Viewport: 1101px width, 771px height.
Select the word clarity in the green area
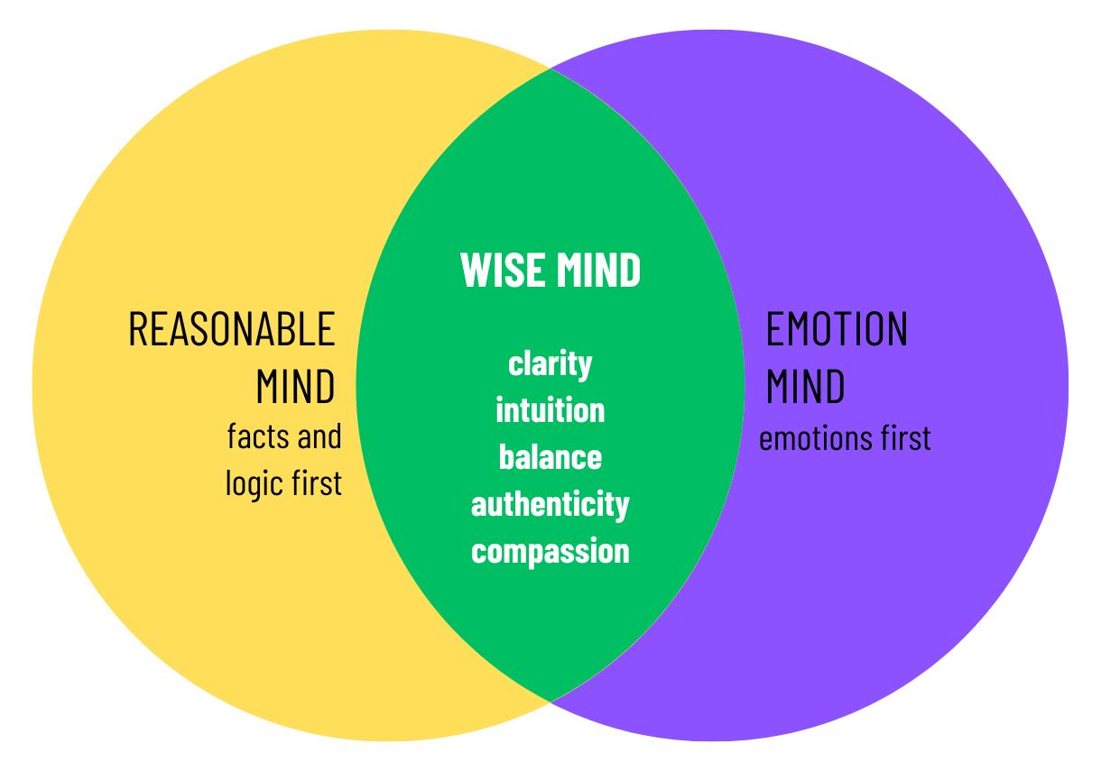pos(550,364)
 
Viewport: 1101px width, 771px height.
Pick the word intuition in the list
pos(550,410)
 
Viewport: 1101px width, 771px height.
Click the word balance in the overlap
pos(550,457)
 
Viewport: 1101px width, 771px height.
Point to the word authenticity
pos(550,503)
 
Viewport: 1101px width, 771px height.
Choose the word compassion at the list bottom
pos(550,550)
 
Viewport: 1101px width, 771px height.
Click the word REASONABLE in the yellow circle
pos(232,330)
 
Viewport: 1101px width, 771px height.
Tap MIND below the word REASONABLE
pos(295,387)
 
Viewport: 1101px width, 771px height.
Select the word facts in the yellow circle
pos(257,437)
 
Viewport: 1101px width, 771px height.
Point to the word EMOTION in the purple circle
pos(837,330)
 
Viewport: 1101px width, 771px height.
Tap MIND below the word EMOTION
pos(806,387)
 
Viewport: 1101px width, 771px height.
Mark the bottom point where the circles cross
pos(550,700)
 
